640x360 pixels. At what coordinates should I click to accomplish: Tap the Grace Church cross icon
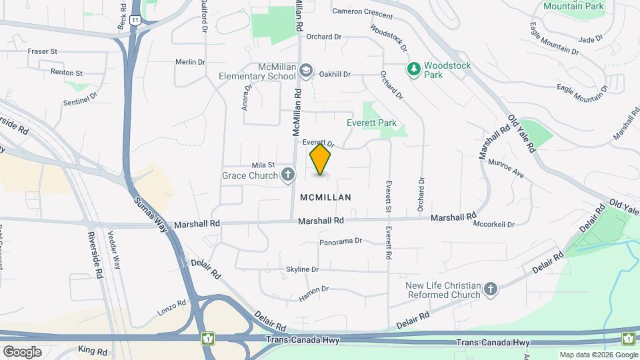(288, 175)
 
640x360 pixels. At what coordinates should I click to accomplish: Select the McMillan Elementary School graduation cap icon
(305, 70)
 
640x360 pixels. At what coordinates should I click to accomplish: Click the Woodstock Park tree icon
(414, 69)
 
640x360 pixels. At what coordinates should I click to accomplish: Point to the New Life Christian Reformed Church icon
(491, 289)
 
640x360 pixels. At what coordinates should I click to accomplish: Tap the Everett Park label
(371, 123)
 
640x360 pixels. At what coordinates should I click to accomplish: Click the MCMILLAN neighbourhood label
(325, 197)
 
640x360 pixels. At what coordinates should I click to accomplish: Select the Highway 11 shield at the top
(135, 21)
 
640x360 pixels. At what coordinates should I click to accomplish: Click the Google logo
(23, 351)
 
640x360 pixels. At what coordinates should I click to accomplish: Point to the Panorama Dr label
(340, 241)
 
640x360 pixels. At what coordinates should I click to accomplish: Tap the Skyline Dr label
(303, 269)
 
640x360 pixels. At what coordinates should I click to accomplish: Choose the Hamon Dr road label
(315, 293)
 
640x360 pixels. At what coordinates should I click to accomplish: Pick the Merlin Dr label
(190, 62)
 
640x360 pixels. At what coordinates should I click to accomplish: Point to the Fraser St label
(43, 51)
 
